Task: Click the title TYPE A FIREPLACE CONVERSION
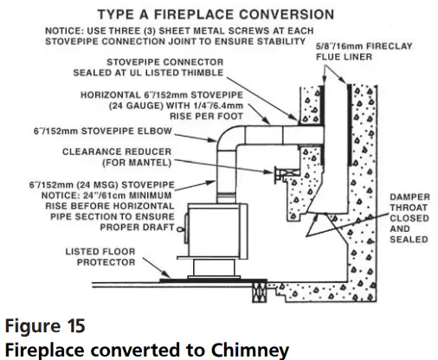tap(203, 15)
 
